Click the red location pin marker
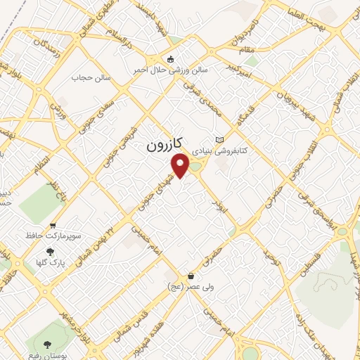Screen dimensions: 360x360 pyautogui.click(x=181, y=165)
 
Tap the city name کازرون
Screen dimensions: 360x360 pyautogui.click(x=165, y=145)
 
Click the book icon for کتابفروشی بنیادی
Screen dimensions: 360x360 pyautogui.click(x=222, y=139)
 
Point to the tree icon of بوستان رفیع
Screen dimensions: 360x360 pyautogui.click(x=47, y=345)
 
